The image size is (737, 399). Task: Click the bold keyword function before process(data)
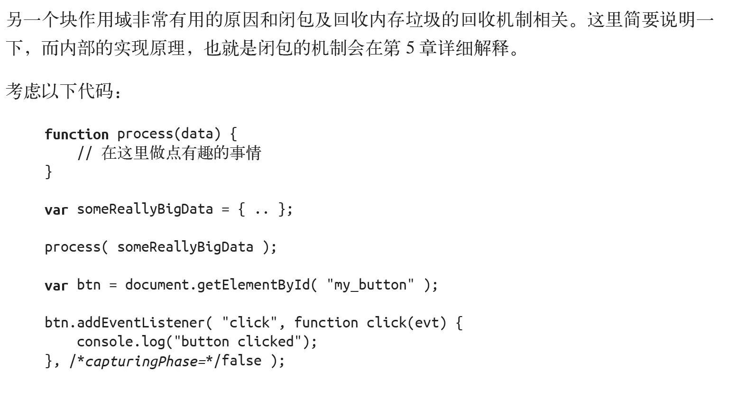point(76,134)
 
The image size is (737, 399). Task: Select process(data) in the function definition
point(169,134)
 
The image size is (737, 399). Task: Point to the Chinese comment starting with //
point(169,153)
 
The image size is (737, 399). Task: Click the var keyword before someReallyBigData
point(56,209)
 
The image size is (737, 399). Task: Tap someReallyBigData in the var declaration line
point(145,209)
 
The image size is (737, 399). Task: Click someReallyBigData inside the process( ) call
point(185,247)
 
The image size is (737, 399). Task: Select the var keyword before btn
point(56,285)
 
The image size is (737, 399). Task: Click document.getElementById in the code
point(218,285)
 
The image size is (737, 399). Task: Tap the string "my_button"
point(370,285)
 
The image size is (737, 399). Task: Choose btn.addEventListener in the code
point(125,323)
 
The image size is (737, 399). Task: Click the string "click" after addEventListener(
point(249,323)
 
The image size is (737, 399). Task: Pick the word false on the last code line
point(241,361)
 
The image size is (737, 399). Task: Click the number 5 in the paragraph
point(410,48)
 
